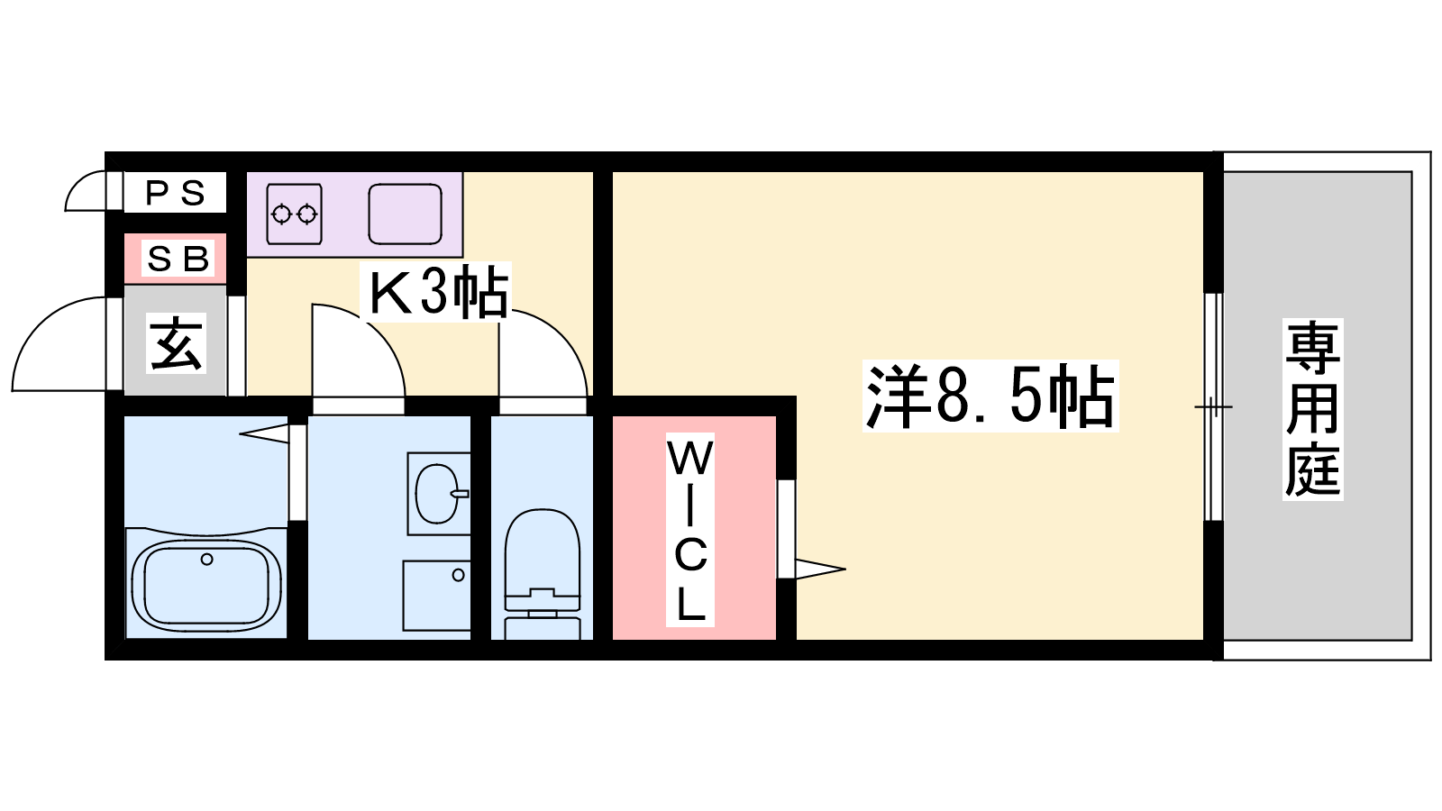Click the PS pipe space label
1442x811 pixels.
[x=175, y=193]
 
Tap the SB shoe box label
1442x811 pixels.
[x=178, y=259]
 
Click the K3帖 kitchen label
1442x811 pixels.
[x=438, y=292]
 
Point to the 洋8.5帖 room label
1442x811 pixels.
[x=990, y=396]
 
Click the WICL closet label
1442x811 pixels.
[x=690, y=530]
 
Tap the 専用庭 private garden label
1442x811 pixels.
[x=1312, y=409]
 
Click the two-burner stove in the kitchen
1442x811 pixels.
[x=294, y=214]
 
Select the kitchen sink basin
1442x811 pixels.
[x=405, y=214]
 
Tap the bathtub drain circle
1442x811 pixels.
[x=206, y=560]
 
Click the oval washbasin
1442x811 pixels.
[x=437, y=494]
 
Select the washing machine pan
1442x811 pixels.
[x=436, y=596]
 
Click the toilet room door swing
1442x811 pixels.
[x=543, y=353]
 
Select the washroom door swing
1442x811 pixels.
[x=359, y=351]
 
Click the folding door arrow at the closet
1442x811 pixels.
[x=820, y=569]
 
